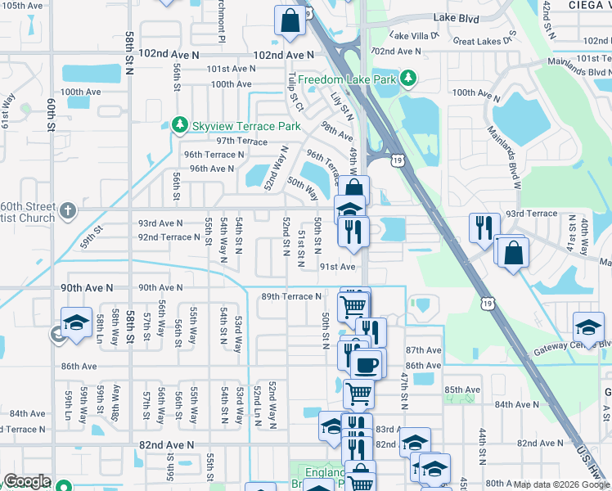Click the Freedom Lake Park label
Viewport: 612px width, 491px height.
click(x=347, y=79)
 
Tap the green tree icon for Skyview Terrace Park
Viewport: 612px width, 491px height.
click(x=180, y=125)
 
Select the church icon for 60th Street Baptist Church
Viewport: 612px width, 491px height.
click(x=70, y=211)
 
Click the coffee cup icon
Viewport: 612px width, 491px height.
click(x=366, y=363)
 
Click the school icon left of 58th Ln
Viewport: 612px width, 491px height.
click(x=76, y=322)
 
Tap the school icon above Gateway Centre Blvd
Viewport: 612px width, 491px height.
click(x=587, y=327)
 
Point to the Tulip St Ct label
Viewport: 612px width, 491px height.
click(x=295, y=92)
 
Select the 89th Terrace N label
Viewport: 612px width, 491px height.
click(x=290, y=296)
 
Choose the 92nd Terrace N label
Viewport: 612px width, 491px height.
click(x=169, y=237)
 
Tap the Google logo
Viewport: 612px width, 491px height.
click(x=27, y=481)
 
